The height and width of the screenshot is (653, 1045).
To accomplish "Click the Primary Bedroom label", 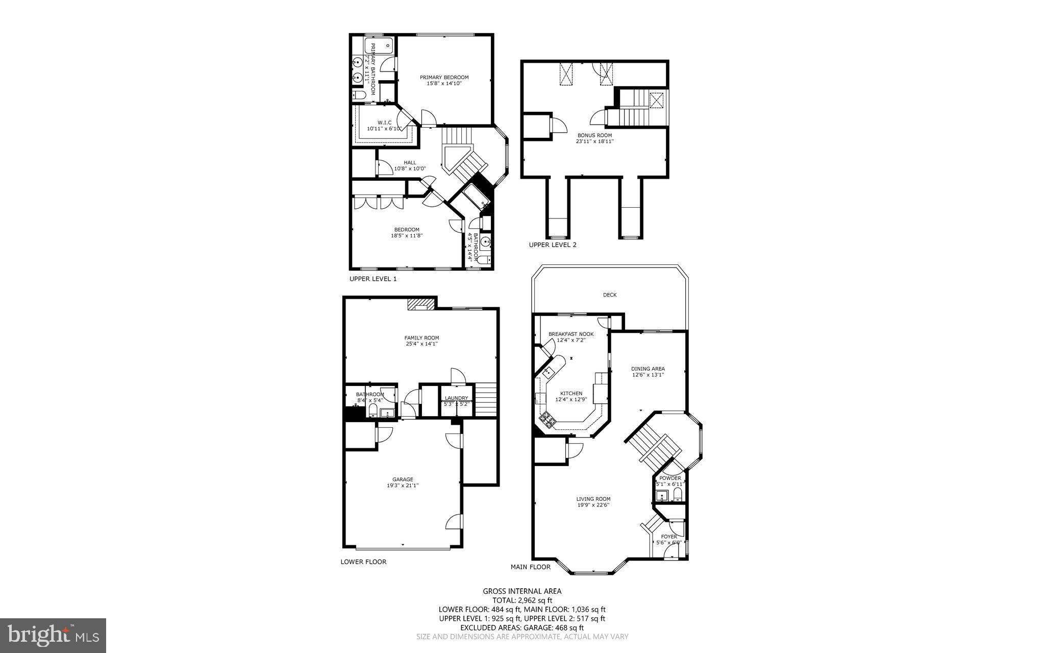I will click(x=444, y=78).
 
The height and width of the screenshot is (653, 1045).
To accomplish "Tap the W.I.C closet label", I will click(x=384, y=123).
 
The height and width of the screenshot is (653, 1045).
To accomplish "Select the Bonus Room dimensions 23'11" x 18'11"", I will click(x=594, y=141).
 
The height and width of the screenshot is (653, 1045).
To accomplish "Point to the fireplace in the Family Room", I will click(x=421, y=305).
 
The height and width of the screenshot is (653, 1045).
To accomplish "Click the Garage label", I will click(x=403, y=479).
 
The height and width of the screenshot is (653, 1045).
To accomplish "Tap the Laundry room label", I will click(x=456, y=398).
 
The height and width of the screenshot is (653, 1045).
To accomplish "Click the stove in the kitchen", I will click(x=548, y=420).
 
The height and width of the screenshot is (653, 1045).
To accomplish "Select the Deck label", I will click(x=610, y=295).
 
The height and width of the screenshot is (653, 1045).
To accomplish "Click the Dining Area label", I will click(x=648, y=369).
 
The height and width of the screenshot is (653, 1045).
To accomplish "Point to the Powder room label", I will click(x=670, y=478).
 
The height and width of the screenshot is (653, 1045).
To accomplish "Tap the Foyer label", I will click(x=669, y=537).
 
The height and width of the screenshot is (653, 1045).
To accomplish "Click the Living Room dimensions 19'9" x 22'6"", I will click(x=593, y=505).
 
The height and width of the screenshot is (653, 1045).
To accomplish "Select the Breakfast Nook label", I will click(x=571, y=334).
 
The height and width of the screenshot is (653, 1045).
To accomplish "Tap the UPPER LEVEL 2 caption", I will click(x=553, y=245).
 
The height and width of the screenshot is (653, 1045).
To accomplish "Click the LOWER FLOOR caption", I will click(x=363, y=562).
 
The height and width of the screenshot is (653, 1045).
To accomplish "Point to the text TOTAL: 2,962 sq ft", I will click(x=522, y=600).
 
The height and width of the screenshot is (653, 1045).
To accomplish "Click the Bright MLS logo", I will click(x=53, y=635).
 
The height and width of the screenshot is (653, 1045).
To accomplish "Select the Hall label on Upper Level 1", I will click(x=410, y=163).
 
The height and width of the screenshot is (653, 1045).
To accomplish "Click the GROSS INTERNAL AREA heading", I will click(x=522, y=591).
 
